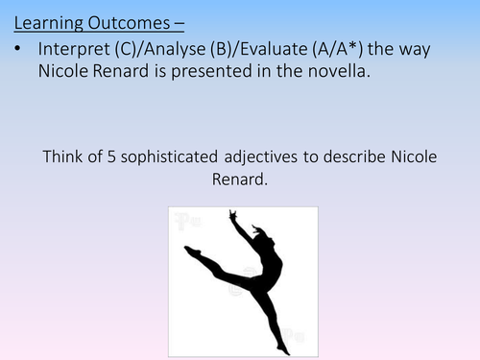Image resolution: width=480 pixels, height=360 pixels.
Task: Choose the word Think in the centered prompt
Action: (63, 159)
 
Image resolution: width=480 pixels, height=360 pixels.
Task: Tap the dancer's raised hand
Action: (233, 217)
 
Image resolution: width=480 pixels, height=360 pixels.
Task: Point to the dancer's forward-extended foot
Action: (191, 251)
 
